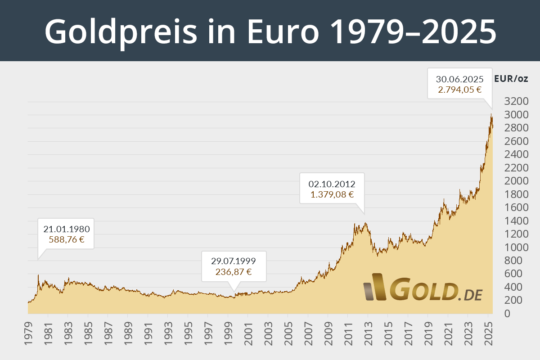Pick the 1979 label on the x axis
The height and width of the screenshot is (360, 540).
(x=28, y=333)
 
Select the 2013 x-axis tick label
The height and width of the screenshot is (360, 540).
(x=368, y=333)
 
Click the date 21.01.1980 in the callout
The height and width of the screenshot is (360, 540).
(x=66, y=229)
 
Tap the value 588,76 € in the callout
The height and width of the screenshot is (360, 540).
(x=66, y=239)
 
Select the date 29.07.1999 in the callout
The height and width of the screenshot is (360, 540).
(x=234, y=261)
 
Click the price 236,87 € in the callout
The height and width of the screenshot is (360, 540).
(x=234, y=271)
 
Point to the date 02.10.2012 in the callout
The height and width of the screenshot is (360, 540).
(x=332, y=184)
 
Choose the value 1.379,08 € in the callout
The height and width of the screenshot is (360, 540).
(x=332, y=195)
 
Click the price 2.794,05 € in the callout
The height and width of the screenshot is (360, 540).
(x=460, y=90)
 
